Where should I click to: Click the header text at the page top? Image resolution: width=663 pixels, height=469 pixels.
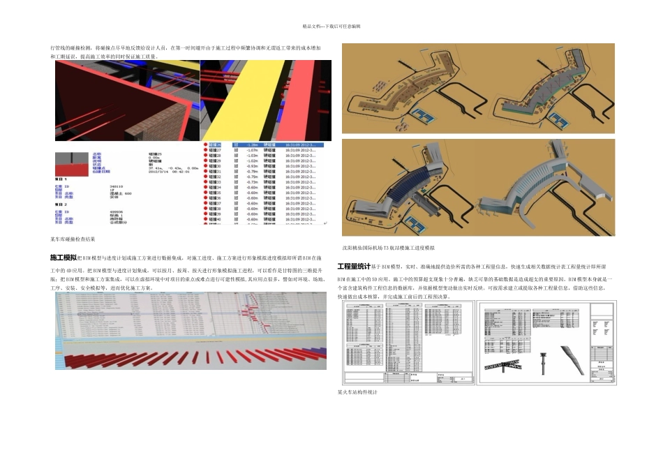click(x=331, y=26)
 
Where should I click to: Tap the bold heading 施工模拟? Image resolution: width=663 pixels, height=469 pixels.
click(x=63, y=258)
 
